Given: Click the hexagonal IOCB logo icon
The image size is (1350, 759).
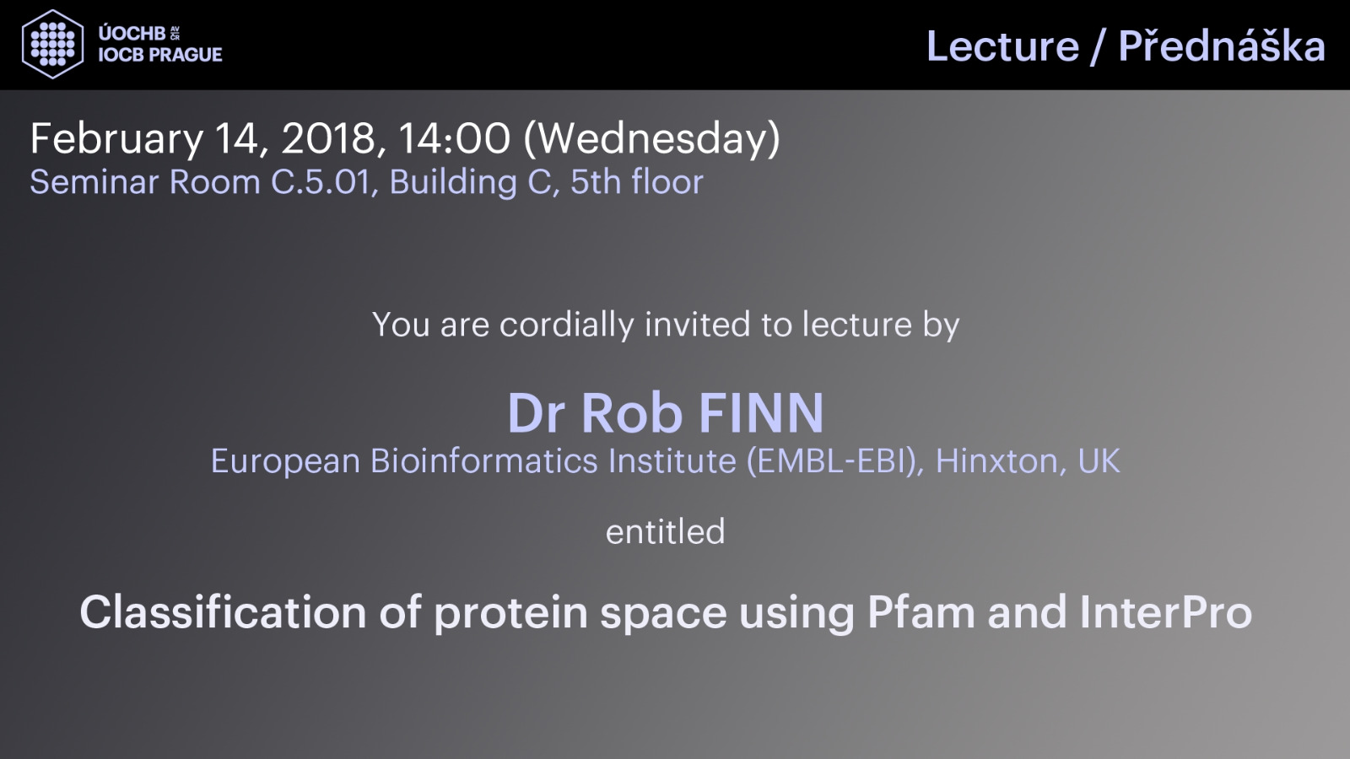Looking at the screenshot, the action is [52, 44].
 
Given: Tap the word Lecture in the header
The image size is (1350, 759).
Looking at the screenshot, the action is [1003, 46].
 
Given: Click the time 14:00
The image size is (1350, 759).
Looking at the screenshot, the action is [454, 138].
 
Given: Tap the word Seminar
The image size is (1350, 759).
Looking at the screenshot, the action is [94, 182].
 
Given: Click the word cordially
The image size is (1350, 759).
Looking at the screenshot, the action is [566, 326].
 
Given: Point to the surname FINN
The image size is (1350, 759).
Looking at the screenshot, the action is [760, 412].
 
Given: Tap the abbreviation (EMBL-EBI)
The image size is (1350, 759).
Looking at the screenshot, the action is [835, 461].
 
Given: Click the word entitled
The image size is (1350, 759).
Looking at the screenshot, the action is [666, 531].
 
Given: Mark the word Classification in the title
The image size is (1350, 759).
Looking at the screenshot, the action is [223, 612].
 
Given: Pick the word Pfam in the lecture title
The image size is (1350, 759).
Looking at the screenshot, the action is [921, 612].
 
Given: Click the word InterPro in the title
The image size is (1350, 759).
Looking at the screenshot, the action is [1165, 612].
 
